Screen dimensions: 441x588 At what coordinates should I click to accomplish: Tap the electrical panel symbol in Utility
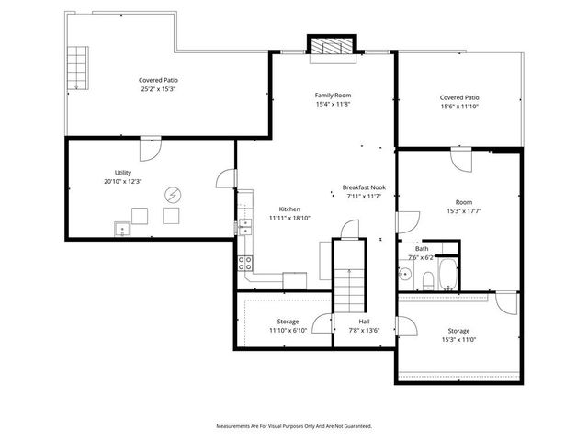(x=172, y=194)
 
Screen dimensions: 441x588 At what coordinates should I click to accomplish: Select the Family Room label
(x=333, y=95)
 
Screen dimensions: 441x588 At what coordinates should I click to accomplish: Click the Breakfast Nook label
(x=364, y=187)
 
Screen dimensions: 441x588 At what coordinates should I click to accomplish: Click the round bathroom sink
(x=405, y=274)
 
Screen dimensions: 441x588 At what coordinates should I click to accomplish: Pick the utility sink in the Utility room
(x=121, y=230)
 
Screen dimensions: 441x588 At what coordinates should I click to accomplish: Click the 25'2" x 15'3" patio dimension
(x=158, y=89)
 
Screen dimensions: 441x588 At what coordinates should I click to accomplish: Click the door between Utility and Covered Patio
(x=151, y=146)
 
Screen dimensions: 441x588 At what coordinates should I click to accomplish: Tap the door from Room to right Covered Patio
(x=460, y=160)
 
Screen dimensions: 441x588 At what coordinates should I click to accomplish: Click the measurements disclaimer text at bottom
(x=294, y=426)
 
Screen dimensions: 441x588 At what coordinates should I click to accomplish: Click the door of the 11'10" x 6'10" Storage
(x=322, y=323)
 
